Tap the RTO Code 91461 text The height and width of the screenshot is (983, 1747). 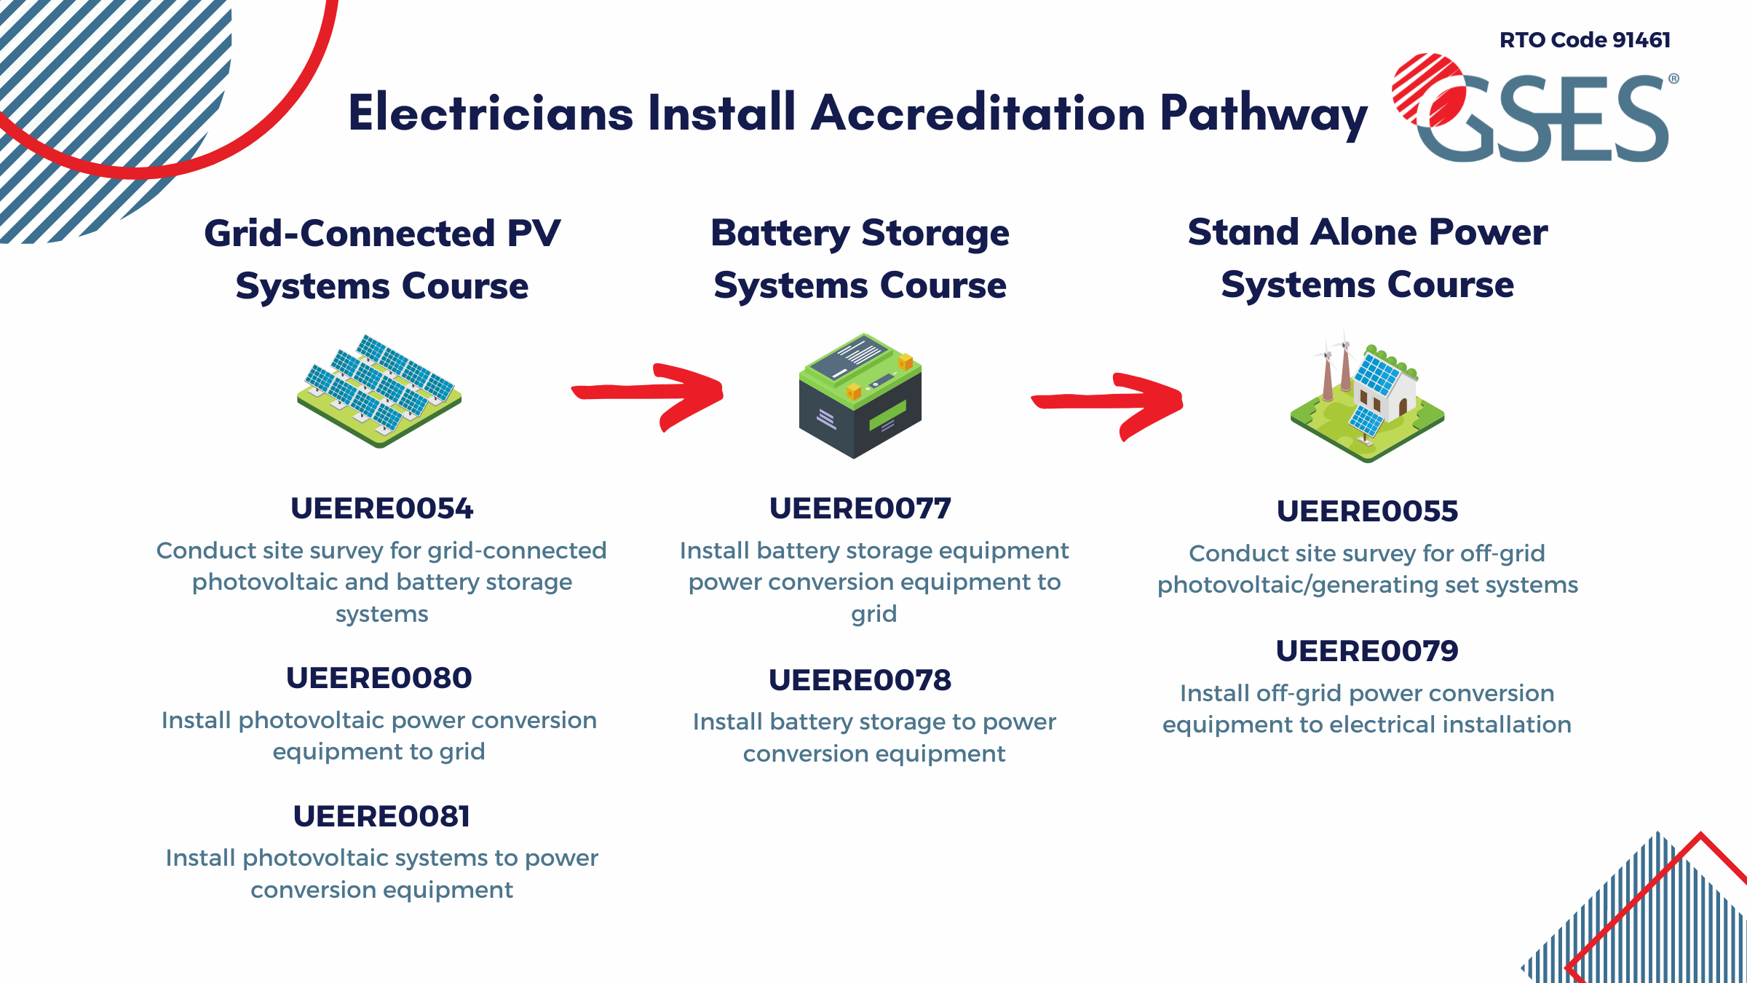[x=1585, y=40]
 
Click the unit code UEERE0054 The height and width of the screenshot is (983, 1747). [x=381, y=508]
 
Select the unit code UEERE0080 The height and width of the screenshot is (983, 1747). [x=379, y=678]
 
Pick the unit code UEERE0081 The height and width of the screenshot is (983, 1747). [x=381, y=816]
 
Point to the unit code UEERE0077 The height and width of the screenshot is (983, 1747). [x=860, y=508]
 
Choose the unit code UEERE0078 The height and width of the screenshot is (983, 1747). [x=860, y=680]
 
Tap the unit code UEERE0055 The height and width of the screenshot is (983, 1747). [x=1367, y=511]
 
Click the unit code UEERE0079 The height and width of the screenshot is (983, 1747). [x=1367, y=651]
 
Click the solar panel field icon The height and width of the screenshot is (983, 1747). [x=379, y=391]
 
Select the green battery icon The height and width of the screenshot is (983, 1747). [x=860, y=395]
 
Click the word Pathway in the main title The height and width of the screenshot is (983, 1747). [x=1263, y=114]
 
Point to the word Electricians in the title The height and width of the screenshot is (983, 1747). [x=491, y=114]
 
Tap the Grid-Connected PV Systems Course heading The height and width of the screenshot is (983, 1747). [x=382, y=259]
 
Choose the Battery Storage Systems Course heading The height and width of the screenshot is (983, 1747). [x=860, y=258]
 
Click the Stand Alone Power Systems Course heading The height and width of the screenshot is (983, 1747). [x=1367, y=258]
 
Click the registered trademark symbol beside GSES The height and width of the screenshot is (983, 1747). [x=1673, y=79]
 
